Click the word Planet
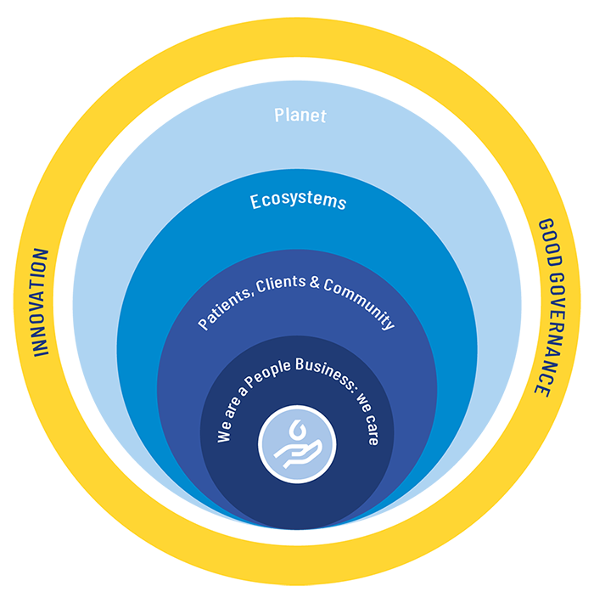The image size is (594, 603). click(x=300, y=115)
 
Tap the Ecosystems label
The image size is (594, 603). click(x=298, y=201)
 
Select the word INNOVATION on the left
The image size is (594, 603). click(x=40, y=301)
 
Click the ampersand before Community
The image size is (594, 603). click(x=313, y=283)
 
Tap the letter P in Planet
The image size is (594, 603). click(x=279, y=115)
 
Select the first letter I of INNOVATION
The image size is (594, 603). click(x=40, y=351)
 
